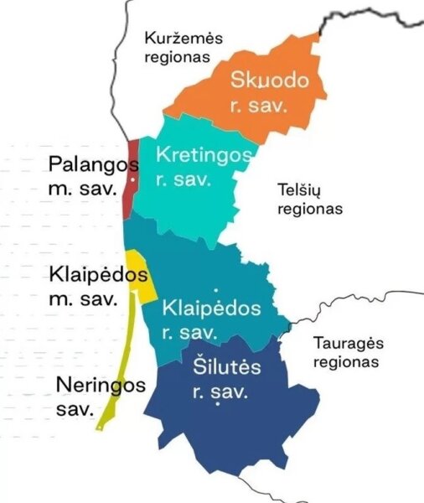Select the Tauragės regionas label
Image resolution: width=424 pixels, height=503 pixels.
(345, 352)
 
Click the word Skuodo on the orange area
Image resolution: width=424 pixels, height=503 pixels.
(271, 81)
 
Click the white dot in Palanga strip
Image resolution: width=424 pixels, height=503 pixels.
(132, 180)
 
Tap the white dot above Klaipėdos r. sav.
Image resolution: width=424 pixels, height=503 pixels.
(216, 289)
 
